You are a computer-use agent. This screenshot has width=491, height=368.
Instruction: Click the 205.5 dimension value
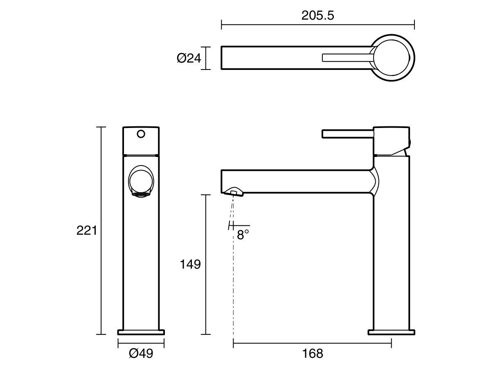tap(318, 16)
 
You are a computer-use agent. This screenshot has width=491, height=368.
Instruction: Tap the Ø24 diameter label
tap(189, 58)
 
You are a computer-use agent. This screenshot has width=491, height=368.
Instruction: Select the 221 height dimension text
tap(87, 231)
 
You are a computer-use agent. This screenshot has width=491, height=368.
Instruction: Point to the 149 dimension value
tap(190, 265)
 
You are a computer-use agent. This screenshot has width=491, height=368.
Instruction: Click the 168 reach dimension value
tap(313, 354)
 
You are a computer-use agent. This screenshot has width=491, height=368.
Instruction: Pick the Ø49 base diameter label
tap(141, 354)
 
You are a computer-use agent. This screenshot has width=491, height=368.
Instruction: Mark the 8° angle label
tap(243, 235)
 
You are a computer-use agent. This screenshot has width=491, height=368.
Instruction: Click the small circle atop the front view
tap(141, 134)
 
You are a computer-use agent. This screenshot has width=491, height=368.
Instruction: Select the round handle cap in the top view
tap(392, 58)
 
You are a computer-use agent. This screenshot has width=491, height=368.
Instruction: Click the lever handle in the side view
tap(348, 134)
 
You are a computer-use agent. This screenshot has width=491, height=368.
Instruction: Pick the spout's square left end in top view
tap(223, 58)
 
